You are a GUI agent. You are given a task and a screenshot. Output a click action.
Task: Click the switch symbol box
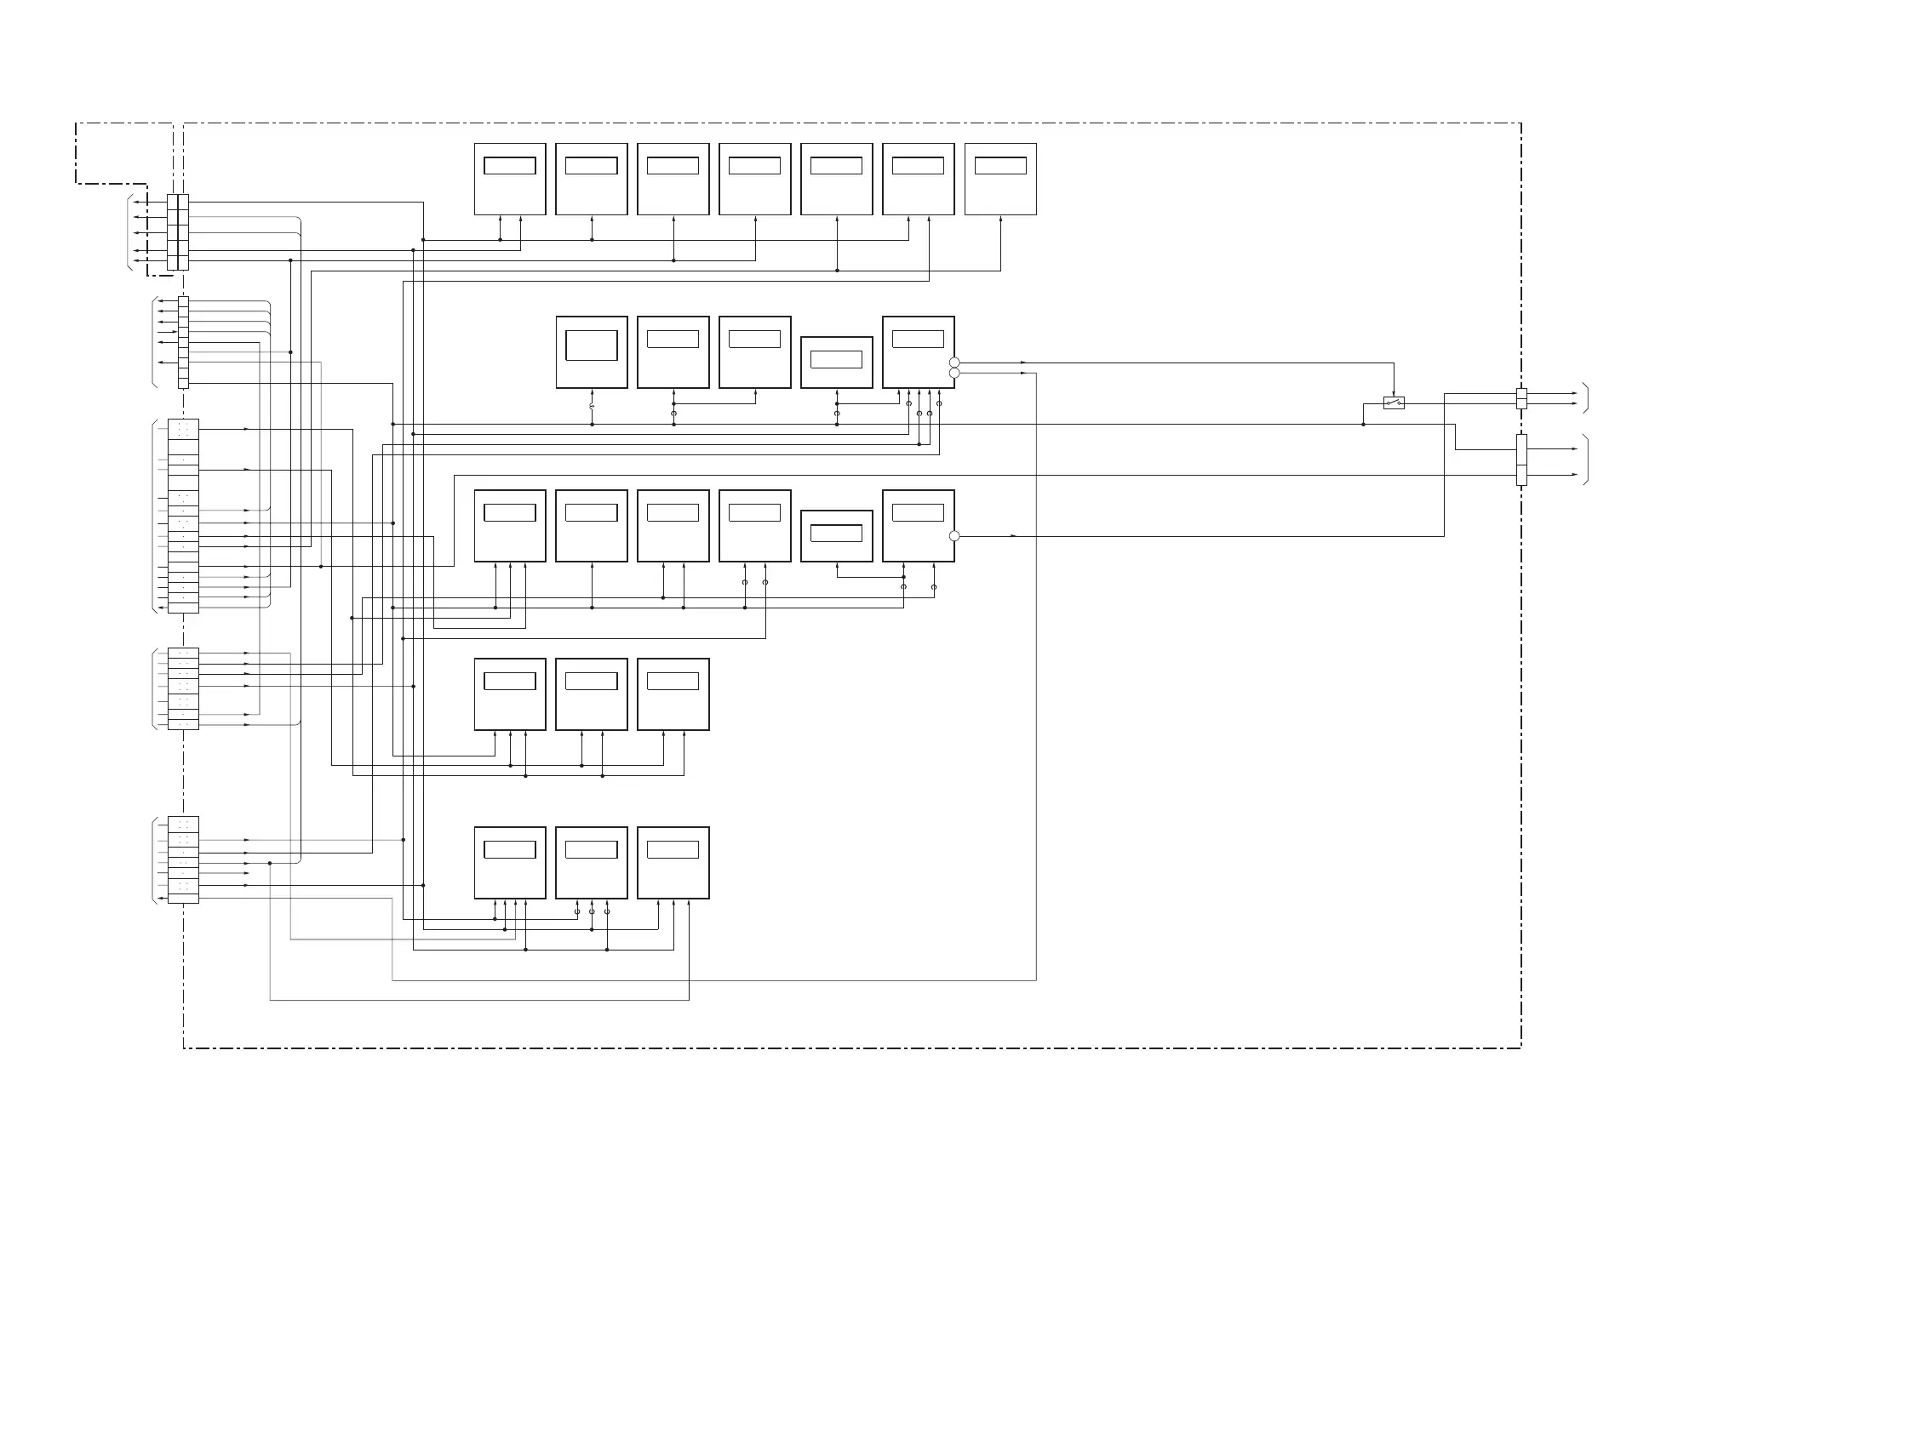[x=1393, y=402]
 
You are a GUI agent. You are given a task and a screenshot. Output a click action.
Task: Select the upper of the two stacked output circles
[x=953, y=363]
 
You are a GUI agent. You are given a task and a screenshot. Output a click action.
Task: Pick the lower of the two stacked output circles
[x=953, y=373]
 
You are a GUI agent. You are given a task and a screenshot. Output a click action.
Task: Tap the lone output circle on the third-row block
[x=953, y=536]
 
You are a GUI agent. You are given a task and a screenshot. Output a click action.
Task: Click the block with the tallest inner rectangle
[x=592, y=351]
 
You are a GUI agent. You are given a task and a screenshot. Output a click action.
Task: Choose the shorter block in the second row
[x=836, y=362]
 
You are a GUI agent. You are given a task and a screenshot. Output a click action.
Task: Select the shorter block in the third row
[x=836, y=536]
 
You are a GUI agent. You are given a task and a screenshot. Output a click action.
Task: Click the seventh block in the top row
[x=1000, y=180]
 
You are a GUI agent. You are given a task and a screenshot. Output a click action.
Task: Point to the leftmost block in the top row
[x=509, y=180]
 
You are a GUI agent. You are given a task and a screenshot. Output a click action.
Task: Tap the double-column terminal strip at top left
[x=178, y=231]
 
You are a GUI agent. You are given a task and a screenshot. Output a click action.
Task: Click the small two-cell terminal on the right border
[x=1520, y=398]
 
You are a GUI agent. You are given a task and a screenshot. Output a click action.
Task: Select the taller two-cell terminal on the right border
[x=1520, y=460]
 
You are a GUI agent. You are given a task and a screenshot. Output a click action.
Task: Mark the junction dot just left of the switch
[x=1363, y=425]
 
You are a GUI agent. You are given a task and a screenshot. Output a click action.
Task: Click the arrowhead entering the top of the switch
[x=1393, y=394]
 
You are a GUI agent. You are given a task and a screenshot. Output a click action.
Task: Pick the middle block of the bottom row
[x=592, y=863]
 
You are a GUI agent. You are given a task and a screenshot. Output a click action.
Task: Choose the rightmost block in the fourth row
[x=673, y=694]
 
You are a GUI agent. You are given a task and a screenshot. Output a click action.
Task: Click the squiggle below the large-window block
[x=592, y=405]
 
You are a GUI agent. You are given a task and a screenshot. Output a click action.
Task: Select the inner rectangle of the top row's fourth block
[x=754, y=165]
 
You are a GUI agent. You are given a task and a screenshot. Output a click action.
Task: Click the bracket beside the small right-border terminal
[x=1585, y=398]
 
